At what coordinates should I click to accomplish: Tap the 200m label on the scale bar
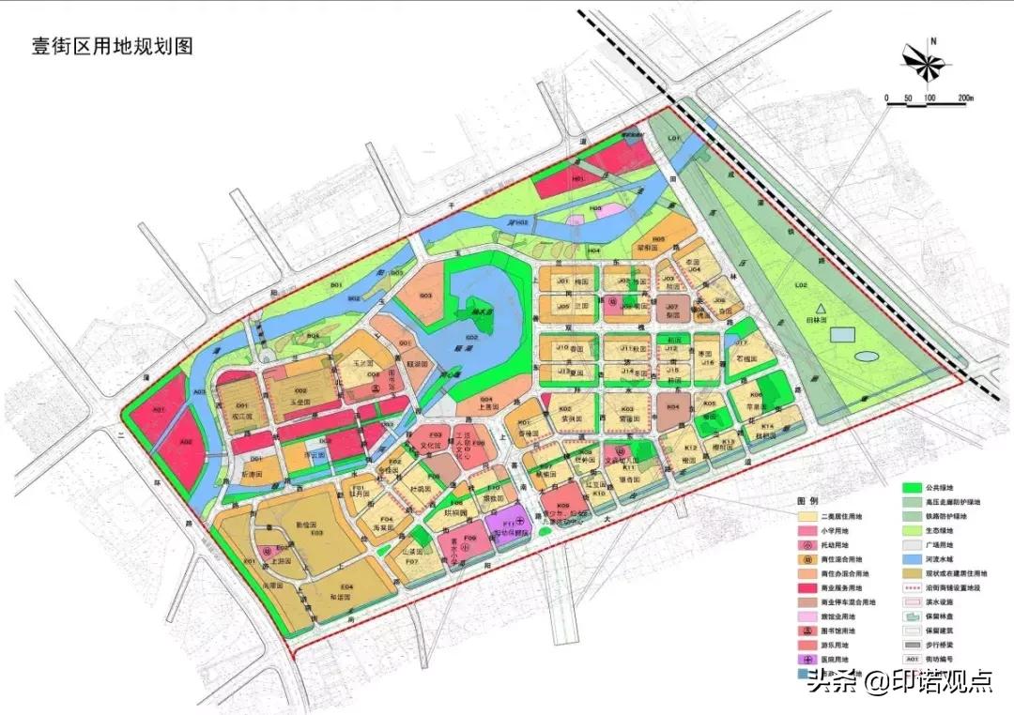966,98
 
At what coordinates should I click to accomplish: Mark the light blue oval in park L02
867,356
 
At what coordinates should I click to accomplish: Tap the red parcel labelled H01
579,176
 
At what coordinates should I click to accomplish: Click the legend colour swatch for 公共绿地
909,488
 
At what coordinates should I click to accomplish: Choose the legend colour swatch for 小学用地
807,530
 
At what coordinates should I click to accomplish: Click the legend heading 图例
808,501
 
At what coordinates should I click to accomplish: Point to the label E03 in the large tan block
317,532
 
